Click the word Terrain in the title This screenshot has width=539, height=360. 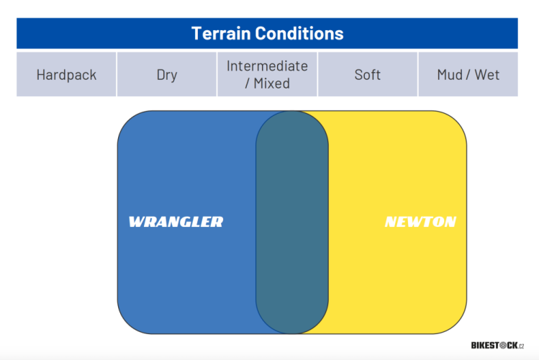(x=221, y=33)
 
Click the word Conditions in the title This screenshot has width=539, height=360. (x=299, y=33)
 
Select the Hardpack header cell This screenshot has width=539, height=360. (x=66, y=74)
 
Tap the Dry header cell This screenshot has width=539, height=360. (x=167, y=74)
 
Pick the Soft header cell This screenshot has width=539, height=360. (x=368, y=74)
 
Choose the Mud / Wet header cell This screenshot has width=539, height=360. (x=468, y=74)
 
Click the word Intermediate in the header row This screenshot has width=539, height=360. (x=267, y=66)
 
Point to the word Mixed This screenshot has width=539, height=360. (x=271, y=84)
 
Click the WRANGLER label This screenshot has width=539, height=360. (x=176, y=222)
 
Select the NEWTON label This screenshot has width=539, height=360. (x=420, y=222)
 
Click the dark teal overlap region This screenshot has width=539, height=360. (x=292, y=222)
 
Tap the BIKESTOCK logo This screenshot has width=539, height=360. (x=497, y=345)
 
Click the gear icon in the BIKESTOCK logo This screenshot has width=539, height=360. (x=503, y=345)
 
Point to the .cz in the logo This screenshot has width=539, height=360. (x=521, y=346)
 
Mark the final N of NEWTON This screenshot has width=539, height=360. (x=449, y=222)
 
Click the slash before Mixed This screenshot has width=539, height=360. (x=247, y=84)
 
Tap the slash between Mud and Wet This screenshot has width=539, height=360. (x=468, y=75)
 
